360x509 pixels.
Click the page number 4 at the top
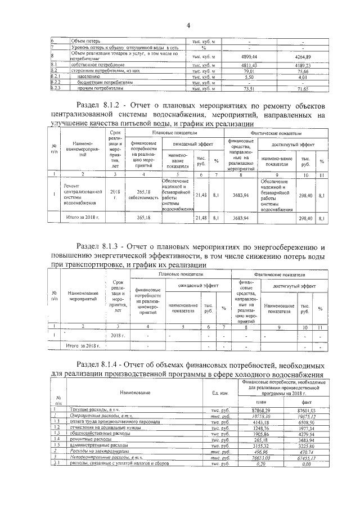[x=188, y=24]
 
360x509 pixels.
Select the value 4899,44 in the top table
[x=249, y=57]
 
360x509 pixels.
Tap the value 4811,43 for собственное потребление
[x=249, y=66]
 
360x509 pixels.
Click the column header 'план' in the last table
[x=259, y=402]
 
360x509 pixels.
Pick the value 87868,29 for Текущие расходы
[x=259, y=411]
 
